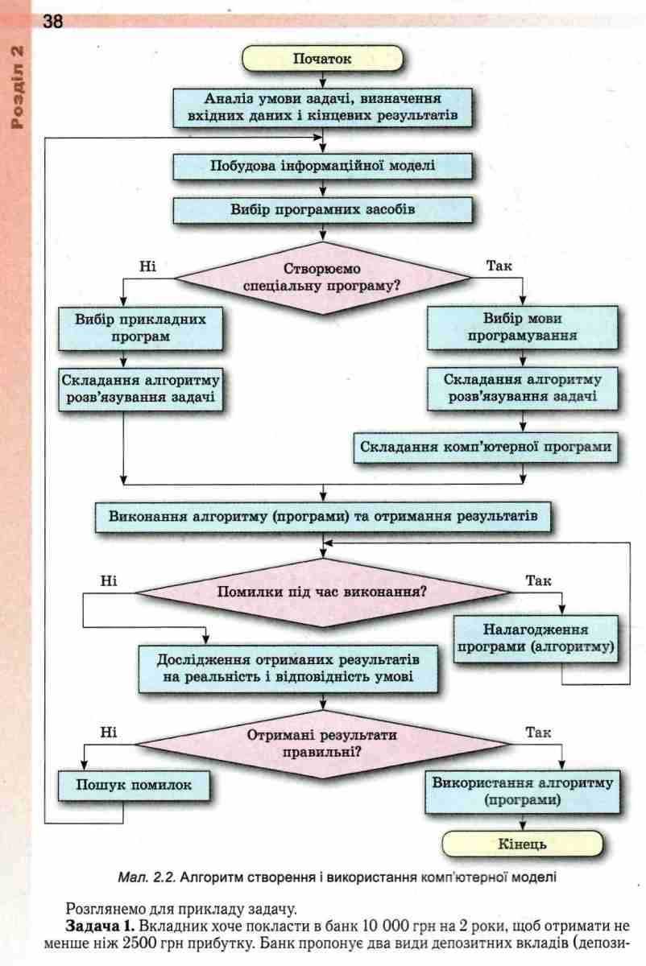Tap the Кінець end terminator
point(523,844)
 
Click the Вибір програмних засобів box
point(323,210)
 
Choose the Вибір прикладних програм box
point(139,327)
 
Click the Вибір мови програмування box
point(523,326)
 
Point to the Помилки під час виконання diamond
point(323,591)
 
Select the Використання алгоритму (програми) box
point(524,791)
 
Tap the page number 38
point(53,23)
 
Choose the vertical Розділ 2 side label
point(17,89)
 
